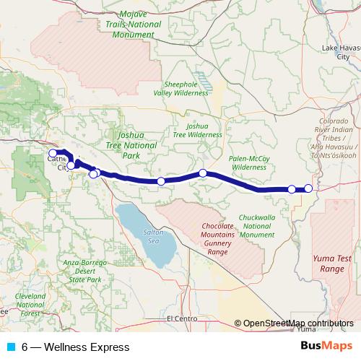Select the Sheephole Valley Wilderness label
[186, 87]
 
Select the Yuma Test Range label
[331, 263]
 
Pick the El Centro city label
[181, 318]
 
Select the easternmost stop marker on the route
[308, 189]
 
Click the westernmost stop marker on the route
[53, 153]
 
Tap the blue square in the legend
[10, 347]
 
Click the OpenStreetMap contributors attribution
[298, 323]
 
